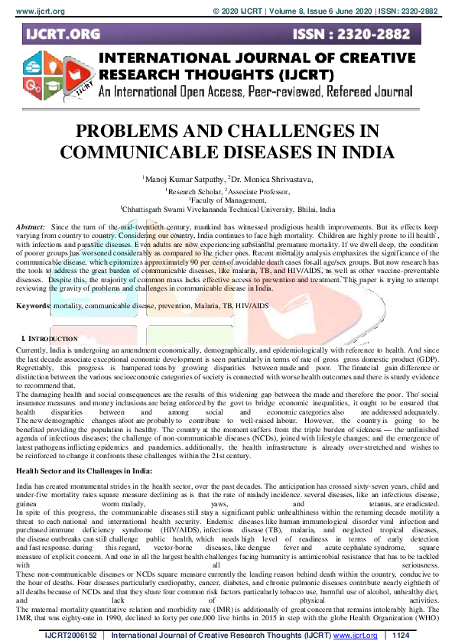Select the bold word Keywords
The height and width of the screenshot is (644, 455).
click(33, 305)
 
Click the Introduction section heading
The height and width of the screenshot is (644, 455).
click(54, 337)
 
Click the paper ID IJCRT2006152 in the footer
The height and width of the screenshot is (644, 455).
click(70, 636)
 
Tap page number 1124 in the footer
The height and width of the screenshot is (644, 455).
click(401, 636)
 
